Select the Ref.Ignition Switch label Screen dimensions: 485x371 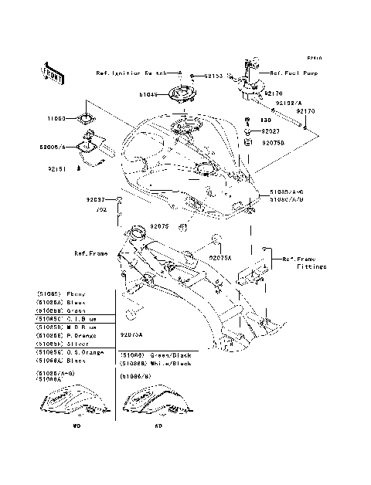pyautogui.click(x=131, y=74)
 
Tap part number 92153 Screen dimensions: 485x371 pyautogui.click(x=192, y=76)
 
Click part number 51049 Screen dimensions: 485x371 pyautogui.click(x=148, y=95)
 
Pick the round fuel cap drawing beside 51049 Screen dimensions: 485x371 pyautogui.click(x=182, y=95)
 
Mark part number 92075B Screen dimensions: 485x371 pyautogui.click(x=274, y=143)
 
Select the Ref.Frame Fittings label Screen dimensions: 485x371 pyautogui.click(x=304, y=263)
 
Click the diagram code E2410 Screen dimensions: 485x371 pyautogui.click(x=312, y=57)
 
